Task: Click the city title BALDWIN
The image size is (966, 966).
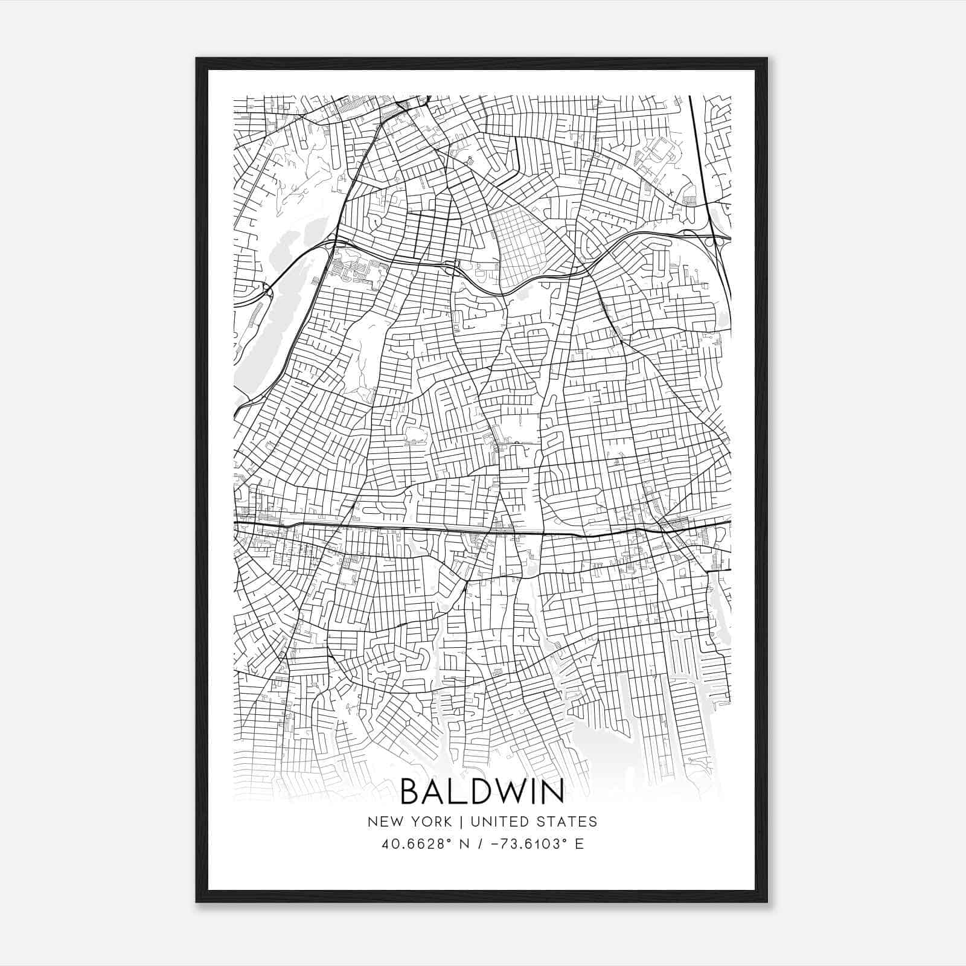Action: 482,791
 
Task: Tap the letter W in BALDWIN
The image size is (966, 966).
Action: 507,791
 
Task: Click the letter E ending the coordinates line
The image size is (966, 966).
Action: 579,844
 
